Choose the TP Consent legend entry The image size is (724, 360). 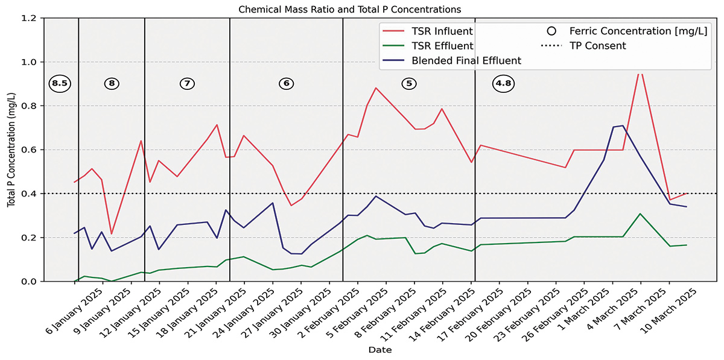(597, 46)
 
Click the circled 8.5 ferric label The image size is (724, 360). (59, 84)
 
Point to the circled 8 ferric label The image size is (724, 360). (112, 84)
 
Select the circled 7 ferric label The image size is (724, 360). (187, 84)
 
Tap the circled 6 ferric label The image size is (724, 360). (286, 84)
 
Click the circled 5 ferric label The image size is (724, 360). (409, 84)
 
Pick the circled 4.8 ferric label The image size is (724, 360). (503, 84)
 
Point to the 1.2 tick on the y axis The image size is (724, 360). (30, 18)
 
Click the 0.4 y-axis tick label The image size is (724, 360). (30, 194)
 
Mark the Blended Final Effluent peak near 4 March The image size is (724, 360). (622, 125)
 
